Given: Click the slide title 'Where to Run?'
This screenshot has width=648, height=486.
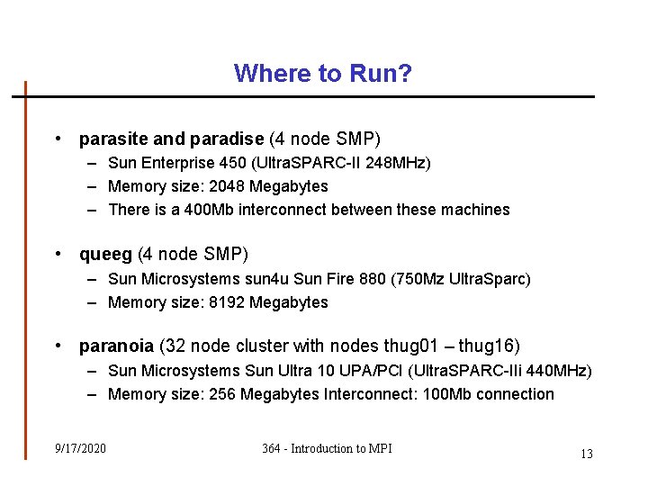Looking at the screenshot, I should tap(323, 73).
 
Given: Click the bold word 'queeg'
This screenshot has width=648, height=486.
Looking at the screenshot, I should tap(104, 255).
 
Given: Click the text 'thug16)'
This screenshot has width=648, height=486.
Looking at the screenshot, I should tap(490, 346).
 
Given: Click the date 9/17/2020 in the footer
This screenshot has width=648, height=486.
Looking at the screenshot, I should tap(80, 448).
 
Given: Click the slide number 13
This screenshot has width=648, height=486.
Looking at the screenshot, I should tap(586, 454).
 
